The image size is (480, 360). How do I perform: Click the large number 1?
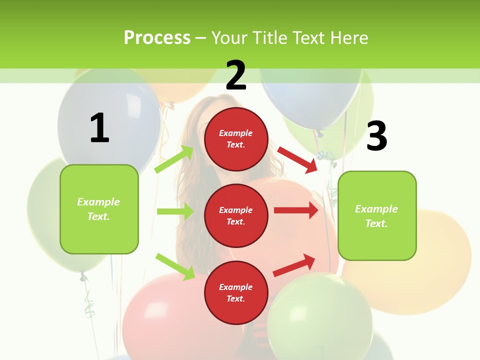tap(99, 128)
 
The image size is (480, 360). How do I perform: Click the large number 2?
tap(236, 75)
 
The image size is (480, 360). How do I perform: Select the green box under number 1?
tap(99, 209)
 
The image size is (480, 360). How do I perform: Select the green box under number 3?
tap(377, 215)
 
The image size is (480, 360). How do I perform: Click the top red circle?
tap(236, 139)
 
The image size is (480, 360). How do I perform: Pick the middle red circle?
tap(236, 215)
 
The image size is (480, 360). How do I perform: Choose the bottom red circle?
tap(236, 292)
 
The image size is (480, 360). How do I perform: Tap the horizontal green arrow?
tap(175, 211)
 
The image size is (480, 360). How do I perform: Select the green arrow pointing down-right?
tap(175, 266)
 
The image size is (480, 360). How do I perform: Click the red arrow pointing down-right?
tap(297, 159)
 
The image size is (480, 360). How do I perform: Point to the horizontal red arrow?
tap(296, 210)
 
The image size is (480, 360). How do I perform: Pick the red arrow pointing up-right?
tap(294, 265)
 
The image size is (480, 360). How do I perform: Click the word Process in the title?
tap(157, 38)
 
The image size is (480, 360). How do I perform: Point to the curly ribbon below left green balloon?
tap(88, 302)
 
